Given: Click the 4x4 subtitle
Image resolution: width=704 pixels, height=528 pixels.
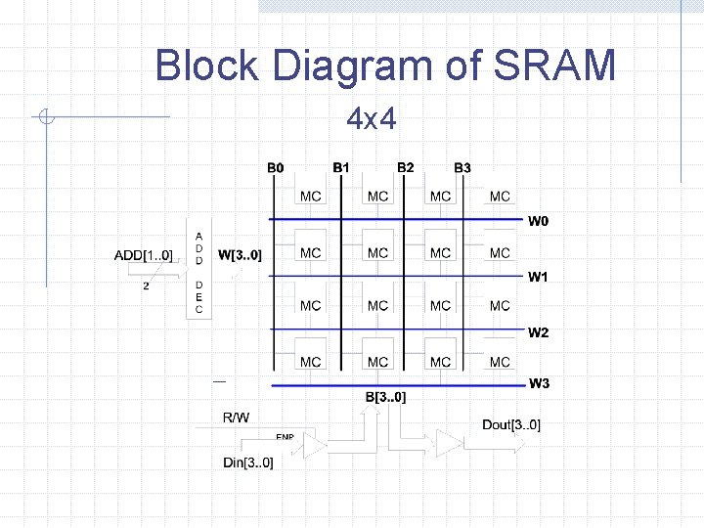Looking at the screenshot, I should pyautogui.click(x=372, y=120).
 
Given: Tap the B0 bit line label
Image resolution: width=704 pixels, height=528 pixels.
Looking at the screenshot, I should pyautogui.click(x=276, y=168).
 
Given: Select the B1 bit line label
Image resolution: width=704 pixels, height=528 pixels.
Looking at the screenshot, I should pyautogui.click(x=341, y=168).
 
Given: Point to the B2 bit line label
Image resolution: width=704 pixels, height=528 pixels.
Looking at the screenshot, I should pyautogui.click(x=406, y=168).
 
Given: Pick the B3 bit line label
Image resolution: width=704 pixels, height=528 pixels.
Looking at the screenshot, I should pyautogui.click(x=462, y=168).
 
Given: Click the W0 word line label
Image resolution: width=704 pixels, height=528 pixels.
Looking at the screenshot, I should pyautogui.click(x=539, y=221).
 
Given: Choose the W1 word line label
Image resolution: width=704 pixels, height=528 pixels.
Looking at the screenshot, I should pyautogui.click(x=539, y=278).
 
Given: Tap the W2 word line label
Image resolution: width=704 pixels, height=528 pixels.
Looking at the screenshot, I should pyautogui.click(x=539, y=333).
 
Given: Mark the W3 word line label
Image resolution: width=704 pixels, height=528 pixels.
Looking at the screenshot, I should pyautogui.click(x=539, y=383).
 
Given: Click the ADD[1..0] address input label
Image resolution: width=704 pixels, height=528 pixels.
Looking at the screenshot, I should pyautogui.click(x=144, y=256).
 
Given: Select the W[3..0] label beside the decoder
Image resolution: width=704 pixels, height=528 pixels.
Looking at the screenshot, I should pyautogui.click(x=240, y=256).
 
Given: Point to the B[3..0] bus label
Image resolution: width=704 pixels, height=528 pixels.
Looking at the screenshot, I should pyautogui.click(x=385, y=397).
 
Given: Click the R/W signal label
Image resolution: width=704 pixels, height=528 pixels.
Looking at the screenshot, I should pyautogui.click(x=236, y=418).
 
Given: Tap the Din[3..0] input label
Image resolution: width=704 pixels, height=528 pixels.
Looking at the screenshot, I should pyautogui.click(x=248, y=462).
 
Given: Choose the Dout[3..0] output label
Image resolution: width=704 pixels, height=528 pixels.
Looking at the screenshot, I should pyautogui.click(x=510, y=424).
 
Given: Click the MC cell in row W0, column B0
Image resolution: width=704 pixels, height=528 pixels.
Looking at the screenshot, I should pyautogui.click(x=310, y=197).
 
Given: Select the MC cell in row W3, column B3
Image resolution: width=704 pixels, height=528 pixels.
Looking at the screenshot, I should pyautogui.click(x=500, y=362).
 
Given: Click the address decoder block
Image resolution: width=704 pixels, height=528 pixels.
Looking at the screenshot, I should pyautogui.click(x=198, y=273).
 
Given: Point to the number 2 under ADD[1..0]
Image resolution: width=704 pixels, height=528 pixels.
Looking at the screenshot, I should pyautogui.click(x=147, y=286).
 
